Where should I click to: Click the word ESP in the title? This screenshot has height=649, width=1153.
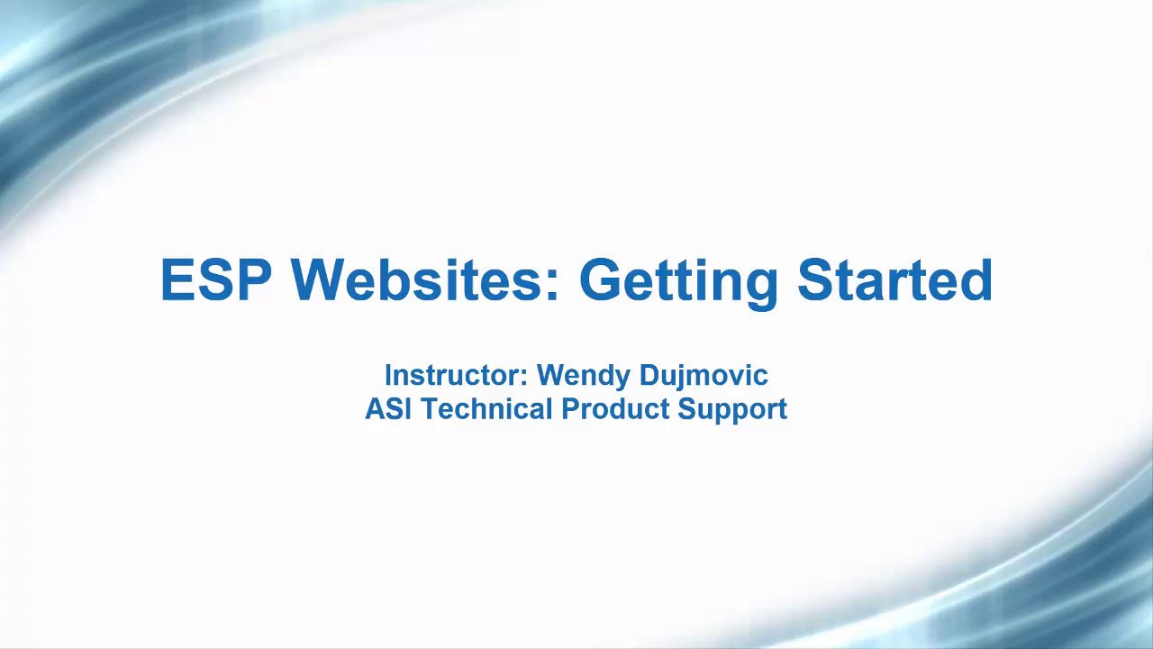pos(215,280)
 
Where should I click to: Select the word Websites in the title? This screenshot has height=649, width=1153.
pos(419,280)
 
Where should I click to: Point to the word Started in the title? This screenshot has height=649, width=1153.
pos(894,280)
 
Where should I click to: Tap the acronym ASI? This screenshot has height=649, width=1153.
pos(387,409)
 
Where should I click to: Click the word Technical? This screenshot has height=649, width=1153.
pos(486,409)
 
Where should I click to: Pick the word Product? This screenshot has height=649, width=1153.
pos(615,409)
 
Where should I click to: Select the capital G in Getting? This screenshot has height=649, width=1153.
pos(602,280)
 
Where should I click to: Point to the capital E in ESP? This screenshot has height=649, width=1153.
pos(176,280)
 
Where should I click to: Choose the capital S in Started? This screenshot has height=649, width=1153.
pos(817,280)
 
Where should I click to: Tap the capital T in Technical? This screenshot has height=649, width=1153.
pos(430,409)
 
